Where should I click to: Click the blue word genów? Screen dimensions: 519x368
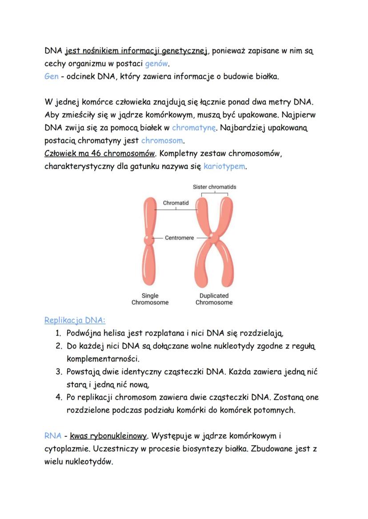click(x=157, y=63)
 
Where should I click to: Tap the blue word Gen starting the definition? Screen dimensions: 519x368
click(x=52, y=76)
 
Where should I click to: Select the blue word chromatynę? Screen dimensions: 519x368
click(x=194, y=128)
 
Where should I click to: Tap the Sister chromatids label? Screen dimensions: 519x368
click(x=215, y=187)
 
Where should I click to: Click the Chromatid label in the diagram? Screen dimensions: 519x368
click(x=176, y=203)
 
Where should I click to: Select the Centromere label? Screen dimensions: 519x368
click(x=180, y=238)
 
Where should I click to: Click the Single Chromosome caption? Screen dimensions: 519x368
click(x=150, y=299)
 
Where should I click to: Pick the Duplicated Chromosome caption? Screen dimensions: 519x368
click(x=214, y=299)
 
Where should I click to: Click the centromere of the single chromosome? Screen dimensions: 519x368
click(x=148, y=240)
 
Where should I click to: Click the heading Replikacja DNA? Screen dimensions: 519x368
click(x=75, y=320)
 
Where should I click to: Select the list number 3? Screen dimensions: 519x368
click(x=58, y=371)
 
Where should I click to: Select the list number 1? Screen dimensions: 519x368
click(x=58, y=333)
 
